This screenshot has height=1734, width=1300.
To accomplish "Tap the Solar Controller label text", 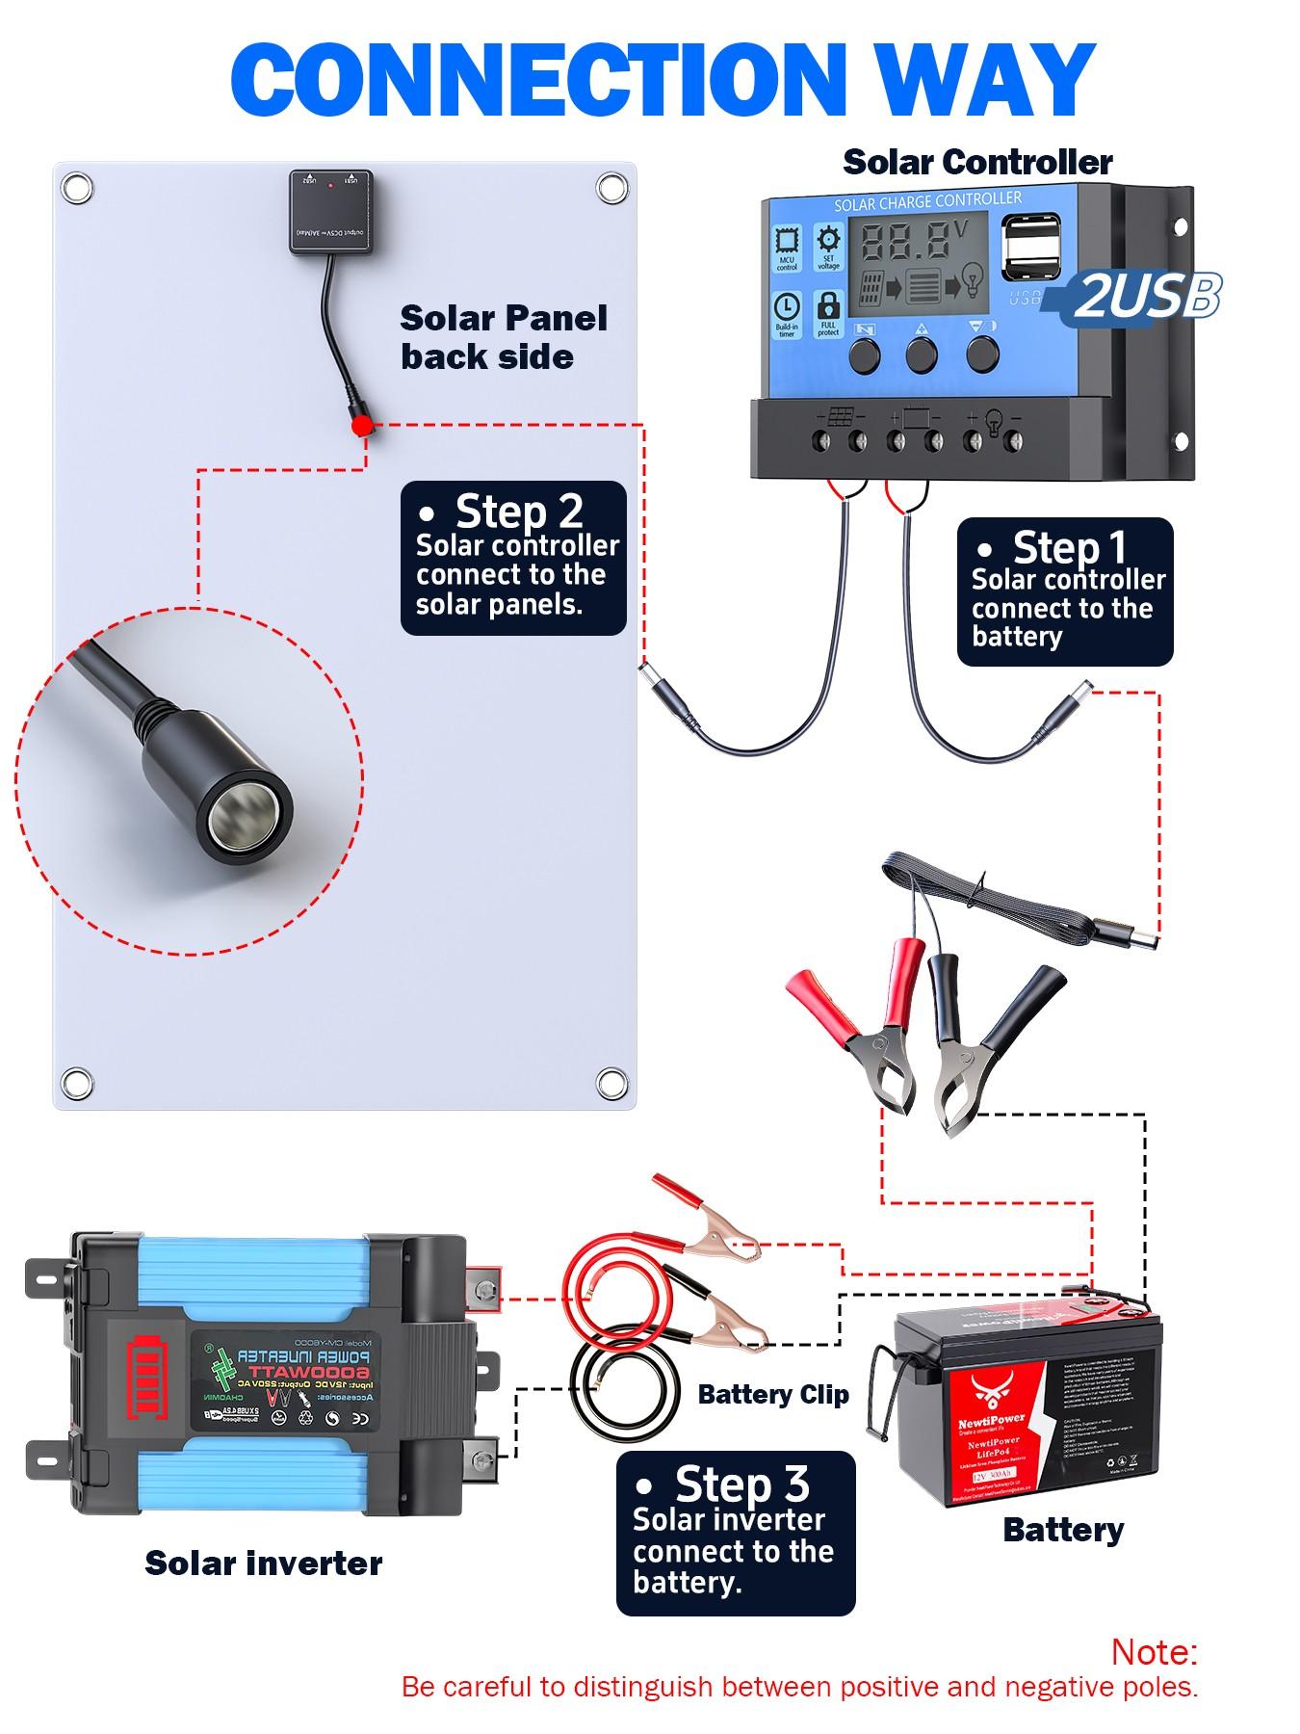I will (977, 162).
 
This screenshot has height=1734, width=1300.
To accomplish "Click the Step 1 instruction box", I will (1065, 591).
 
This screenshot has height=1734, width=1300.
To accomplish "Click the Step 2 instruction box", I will (513, 559).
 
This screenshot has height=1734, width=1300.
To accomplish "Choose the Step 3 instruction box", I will (736, 1533).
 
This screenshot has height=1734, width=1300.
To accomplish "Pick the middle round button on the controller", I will (922, 355).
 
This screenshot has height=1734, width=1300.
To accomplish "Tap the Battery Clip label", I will (773, 1394).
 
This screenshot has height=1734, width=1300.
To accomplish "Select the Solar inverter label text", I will (263, 1563).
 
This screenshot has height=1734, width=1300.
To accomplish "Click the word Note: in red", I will (1154, 1651).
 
